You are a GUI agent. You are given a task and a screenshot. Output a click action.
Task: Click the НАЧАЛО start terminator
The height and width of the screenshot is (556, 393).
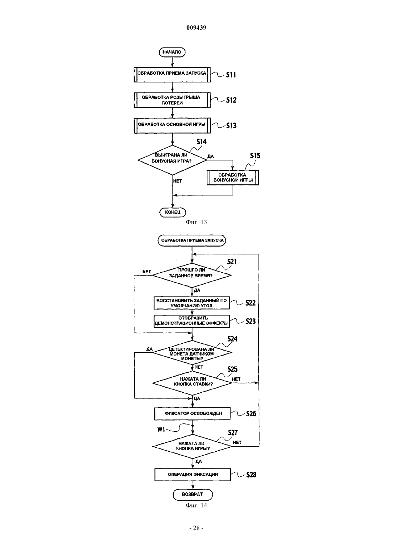point(172,52)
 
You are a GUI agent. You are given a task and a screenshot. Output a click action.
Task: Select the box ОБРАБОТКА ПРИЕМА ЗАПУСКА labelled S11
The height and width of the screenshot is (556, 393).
point(172,74)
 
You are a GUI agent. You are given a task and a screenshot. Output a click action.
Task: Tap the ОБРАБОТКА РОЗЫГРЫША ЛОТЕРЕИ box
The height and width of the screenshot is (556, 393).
point(172,100)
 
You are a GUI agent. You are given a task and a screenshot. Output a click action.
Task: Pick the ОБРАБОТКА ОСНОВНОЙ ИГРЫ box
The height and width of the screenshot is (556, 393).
point(172,125)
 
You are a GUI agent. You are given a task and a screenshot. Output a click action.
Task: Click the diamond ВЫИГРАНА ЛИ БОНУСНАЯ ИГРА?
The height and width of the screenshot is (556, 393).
point(172,160)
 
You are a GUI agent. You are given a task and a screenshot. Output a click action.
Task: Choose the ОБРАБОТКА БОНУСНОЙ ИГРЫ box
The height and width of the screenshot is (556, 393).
point(233,178)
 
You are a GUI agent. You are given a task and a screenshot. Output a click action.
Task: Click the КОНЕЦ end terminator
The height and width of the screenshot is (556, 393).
point(173,212)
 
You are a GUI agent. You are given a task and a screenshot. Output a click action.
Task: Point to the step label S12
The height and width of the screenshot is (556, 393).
point(231,100)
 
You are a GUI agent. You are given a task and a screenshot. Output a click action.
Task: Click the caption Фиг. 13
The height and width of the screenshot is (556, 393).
point(196,222)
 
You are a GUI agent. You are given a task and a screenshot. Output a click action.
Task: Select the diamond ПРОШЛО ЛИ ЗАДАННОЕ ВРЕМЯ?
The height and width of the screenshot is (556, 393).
point(192,275)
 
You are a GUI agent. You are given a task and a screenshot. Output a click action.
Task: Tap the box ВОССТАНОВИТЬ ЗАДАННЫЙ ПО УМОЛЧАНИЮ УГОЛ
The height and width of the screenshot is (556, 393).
point(192,303)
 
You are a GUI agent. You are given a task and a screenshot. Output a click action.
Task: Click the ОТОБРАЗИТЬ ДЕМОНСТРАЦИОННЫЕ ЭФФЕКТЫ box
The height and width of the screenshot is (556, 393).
point(192,322)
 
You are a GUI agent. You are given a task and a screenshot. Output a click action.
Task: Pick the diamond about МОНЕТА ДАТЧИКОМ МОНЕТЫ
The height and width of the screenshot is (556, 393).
point(192,352)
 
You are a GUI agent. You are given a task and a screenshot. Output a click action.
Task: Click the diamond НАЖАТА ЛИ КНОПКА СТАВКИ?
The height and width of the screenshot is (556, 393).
point(192,383)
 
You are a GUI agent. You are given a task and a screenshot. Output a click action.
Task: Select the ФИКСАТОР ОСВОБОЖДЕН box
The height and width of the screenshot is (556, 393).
point(193,414)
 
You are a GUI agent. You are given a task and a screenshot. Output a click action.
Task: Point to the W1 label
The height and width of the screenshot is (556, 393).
point(161,429)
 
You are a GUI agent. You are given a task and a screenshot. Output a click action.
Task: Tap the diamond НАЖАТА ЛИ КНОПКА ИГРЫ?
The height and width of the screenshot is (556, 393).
point(193,446)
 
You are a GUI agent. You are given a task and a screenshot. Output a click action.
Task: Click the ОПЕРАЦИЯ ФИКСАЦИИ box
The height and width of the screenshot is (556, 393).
point(193,475)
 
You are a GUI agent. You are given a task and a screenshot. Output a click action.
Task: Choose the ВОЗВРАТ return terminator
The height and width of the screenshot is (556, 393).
point(193,494)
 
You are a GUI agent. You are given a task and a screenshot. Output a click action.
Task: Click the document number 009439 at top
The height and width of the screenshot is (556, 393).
point(196,28)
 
